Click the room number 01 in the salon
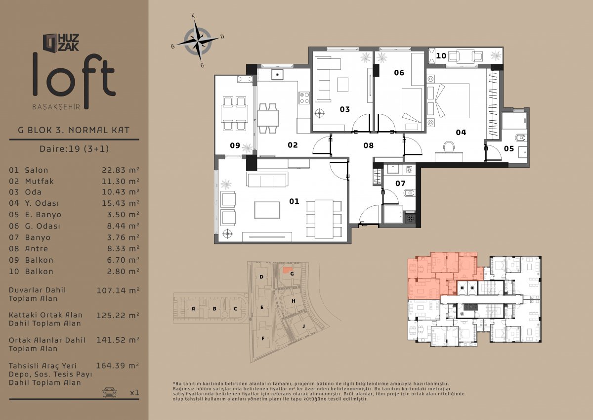(x=294, y=201)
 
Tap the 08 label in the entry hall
(x=368, y=145)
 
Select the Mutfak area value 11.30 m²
(x=121, y=181)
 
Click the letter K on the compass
(x=194, y=16)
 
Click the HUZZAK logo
(x=61, y=43)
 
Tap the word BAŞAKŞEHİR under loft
(x=56, y=107)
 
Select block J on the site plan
(x=303, y=326)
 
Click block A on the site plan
(x=193, y=308)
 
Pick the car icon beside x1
(x=109, y=392)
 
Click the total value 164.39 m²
(x=118, y=366)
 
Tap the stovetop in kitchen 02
(x=304, y=97)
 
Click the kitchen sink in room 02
(x=277, y=75)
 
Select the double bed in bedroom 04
(x=448, y=101)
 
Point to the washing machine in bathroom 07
(x=409, y=170)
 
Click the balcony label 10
(x=441, y=56)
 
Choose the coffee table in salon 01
(x=267, y=210)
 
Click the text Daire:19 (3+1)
(x=74, y=148)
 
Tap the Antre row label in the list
(x=37, y=248)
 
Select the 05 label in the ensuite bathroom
(x=508, y=148)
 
